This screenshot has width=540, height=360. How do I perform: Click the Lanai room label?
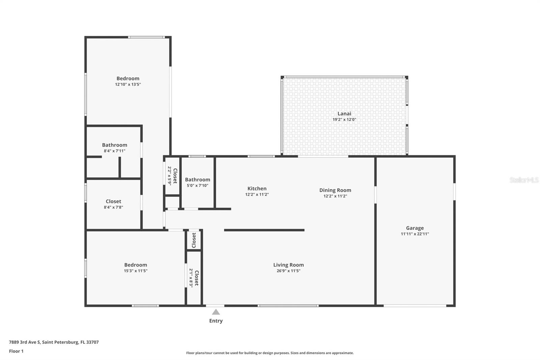point(344,113)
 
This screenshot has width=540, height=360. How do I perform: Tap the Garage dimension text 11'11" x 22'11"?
point(415,234)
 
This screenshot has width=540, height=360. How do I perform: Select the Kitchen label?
point(257,188)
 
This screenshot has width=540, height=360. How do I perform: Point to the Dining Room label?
point(335,190)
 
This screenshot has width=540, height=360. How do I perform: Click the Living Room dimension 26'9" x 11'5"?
point(288,271)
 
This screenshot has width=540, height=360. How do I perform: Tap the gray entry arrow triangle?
point(216,312)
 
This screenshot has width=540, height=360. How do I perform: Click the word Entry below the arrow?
point(216,321)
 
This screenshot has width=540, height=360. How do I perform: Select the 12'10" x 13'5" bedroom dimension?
point(128,84)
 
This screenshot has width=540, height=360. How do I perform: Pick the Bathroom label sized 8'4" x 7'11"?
point(114,145)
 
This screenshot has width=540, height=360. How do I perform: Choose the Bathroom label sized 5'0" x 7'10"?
point(197,180)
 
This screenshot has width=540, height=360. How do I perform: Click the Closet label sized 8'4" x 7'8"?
point(113,201)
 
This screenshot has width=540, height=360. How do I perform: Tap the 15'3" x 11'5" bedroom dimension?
point(135,271)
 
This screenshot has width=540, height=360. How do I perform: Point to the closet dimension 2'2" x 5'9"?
point(169,175)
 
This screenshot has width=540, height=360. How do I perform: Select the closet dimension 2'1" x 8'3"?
point(191,278)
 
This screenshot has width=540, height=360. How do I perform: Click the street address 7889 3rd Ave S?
point(24,342)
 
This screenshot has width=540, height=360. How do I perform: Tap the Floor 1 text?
point(16,351)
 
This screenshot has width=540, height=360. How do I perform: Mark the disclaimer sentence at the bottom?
point(270,353)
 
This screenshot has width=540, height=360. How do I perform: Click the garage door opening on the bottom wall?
point(415,306)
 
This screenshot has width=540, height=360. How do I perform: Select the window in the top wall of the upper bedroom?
point(146,37)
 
